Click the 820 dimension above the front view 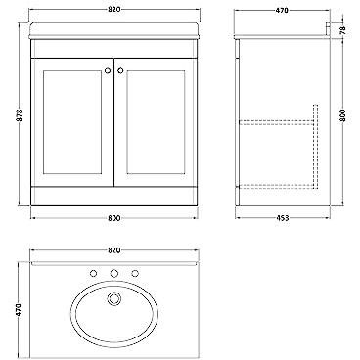[x=114, y=10]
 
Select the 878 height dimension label [x=20, y=114]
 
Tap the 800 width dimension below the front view [x=114, y=218]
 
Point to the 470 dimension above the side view [x=282, y=10]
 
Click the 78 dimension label [x=342, y=30]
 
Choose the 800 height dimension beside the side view [x=342, y=115]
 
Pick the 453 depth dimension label [x=282, y=218]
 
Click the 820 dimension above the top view [x=114, y=250]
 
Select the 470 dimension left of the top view [x=19, y=309]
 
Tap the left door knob [x=108, y=70]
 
